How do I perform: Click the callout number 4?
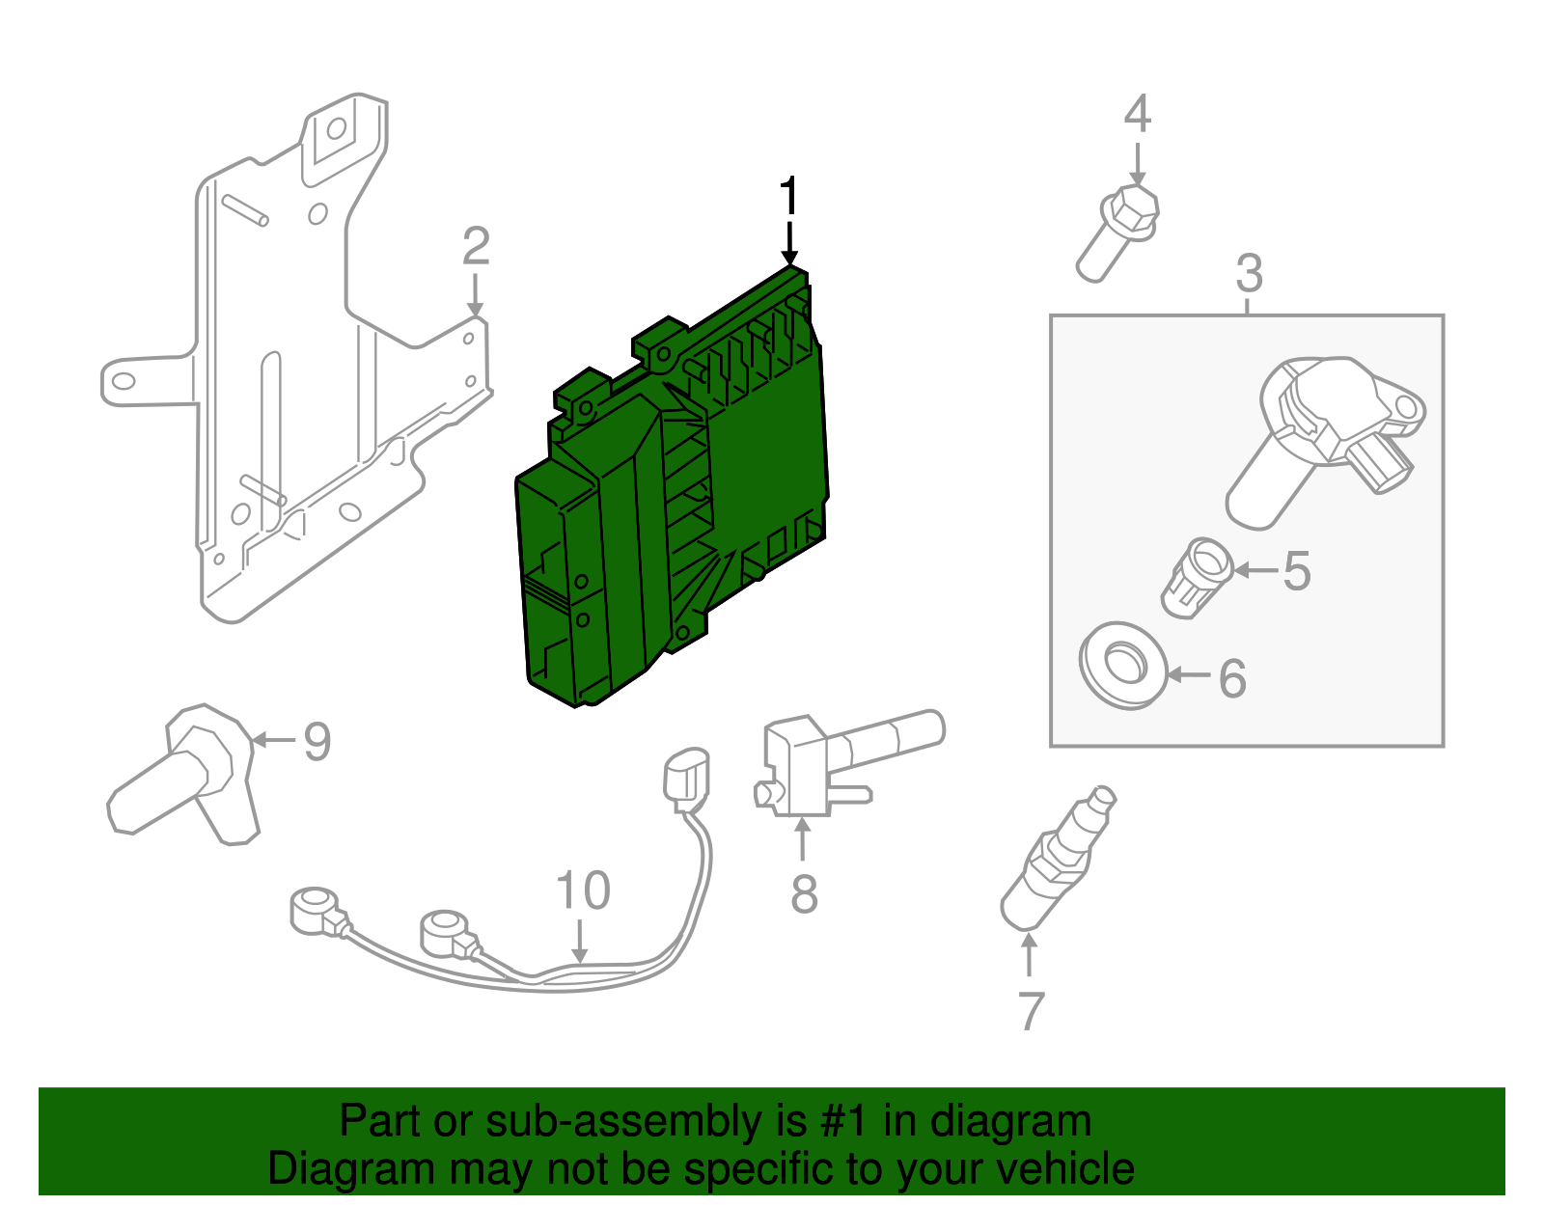(x=1138, y=114)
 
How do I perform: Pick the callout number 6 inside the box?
(x=1232, y=678)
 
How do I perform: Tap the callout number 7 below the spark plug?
(x=1031, y=1011)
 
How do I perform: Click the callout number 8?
(x=804, y=893)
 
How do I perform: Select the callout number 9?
(x=317, y=741)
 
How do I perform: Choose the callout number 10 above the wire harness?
(x=583, y=890)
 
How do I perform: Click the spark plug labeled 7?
(x=1058, y=859)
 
